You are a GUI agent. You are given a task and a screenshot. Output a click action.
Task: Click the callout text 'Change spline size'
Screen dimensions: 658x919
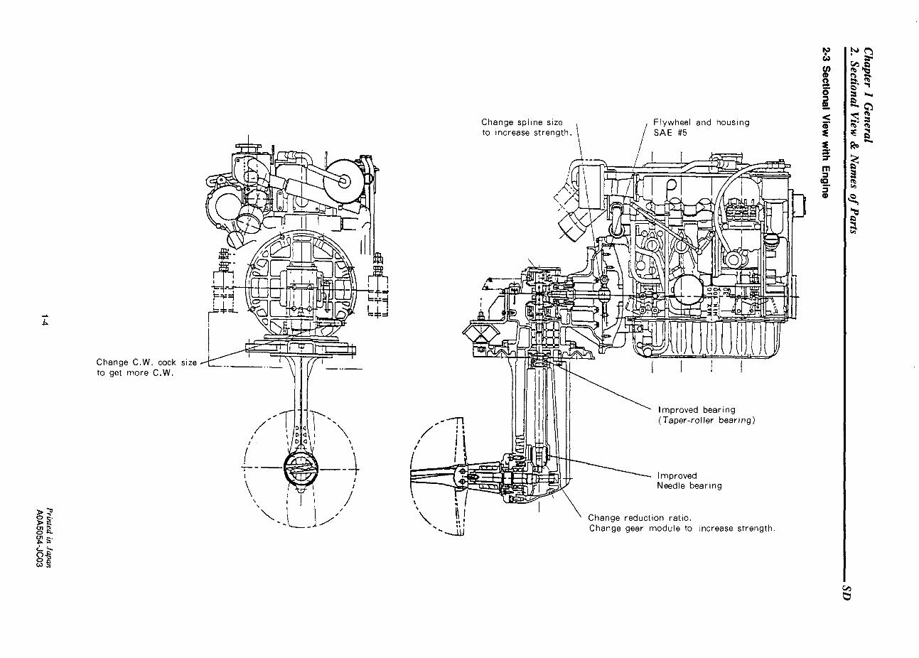(x=522, y=122)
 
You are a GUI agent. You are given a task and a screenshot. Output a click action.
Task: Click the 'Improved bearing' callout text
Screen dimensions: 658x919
(x=697, y=410)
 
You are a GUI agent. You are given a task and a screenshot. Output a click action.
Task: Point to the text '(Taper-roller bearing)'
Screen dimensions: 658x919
(x=706, y=421)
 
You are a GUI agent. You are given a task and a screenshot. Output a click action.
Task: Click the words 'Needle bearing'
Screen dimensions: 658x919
(x=689, y=486)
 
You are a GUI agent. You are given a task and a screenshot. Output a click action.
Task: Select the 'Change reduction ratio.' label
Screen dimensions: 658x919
(x=640, y=518)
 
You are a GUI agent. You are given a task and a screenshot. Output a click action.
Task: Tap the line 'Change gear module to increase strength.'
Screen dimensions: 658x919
(x=682, y=529)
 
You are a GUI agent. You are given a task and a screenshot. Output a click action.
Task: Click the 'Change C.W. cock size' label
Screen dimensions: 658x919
(x=146, y=362)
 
